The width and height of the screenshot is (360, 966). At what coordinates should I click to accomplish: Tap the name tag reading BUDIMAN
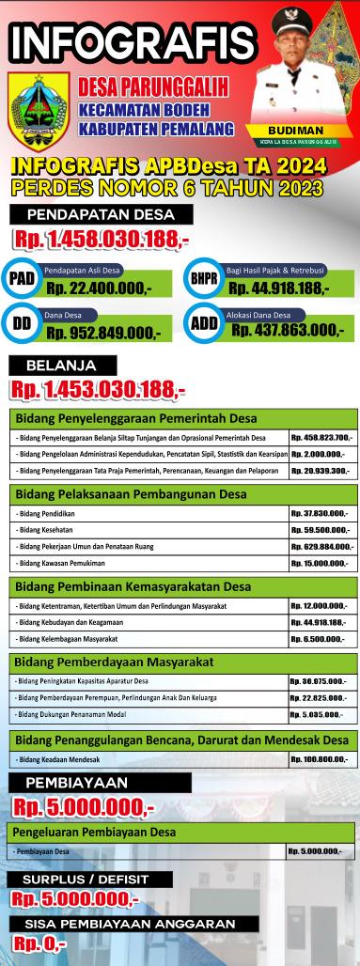295,130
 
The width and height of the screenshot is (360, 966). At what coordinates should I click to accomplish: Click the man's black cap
297,19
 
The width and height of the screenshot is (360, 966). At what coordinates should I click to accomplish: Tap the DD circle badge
21,324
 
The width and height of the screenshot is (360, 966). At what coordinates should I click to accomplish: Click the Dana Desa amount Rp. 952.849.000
103,332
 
